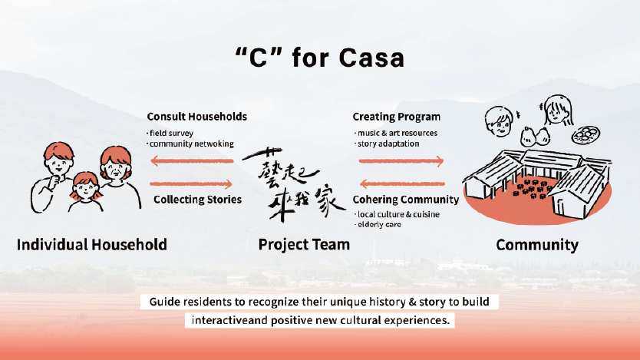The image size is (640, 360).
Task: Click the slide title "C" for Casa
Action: coord(319,58)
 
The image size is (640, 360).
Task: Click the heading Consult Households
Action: coord(197,117)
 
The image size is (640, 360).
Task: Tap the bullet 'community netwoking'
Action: coord(191,144)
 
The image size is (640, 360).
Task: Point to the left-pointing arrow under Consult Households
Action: coord(192,161)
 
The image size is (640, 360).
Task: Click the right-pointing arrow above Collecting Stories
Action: coord(192,183)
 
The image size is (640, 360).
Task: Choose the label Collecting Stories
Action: coord(198,200)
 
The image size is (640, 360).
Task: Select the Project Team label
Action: coord(304,245)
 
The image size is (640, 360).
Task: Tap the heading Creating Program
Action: coord(396,117)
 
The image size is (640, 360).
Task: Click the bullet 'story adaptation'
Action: coord(387,144)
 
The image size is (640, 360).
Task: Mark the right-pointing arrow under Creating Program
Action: coord(401,161)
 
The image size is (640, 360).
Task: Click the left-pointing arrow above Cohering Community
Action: coord(401,183)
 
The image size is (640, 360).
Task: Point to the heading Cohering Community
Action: coord(405,200)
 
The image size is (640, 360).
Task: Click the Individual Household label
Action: coord(91,245)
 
